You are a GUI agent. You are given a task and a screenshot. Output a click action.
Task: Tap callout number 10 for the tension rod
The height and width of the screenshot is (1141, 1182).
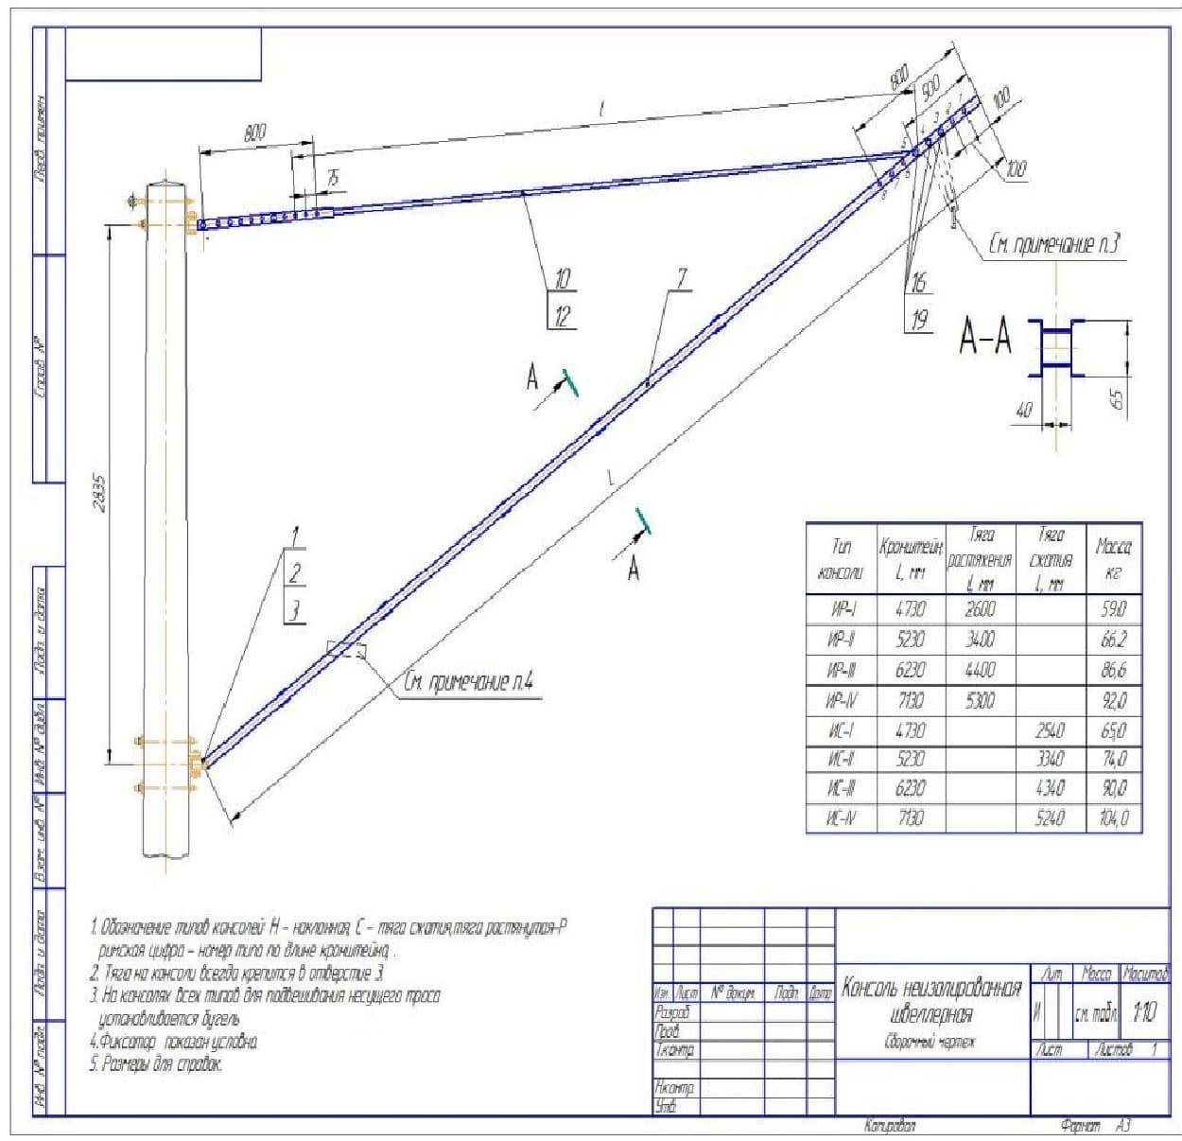pyautogui.click(x=562, y=280)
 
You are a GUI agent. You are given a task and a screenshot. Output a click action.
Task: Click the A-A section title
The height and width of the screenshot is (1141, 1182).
pyautogui.click(x=985, y=337)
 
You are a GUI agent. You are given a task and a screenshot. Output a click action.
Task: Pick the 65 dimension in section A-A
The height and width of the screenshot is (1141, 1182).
pyautogui.click(x=1117, y=400)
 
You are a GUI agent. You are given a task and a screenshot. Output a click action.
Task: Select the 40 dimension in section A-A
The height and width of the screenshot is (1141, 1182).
pyautogui.click(x=1024, y=411)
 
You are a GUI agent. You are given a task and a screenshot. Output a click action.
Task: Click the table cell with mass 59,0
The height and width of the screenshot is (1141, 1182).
pyautogui.click(x=1113, y=609)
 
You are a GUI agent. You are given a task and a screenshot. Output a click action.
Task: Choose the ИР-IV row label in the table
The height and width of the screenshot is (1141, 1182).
pyautogui.click(x=841, y=701)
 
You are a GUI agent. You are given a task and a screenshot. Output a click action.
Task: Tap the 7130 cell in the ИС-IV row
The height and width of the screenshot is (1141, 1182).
pyautogui.click(x=910, y=818)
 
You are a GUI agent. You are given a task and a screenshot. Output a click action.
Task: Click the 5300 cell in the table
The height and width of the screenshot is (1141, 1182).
pyautogui.click(x=979, y=701)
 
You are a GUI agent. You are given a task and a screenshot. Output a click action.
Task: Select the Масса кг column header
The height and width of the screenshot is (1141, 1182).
pyautogui.click(x=1113, y=559)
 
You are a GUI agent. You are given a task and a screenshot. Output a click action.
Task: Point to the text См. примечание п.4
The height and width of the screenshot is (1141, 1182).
pyautogui.click(x=470, y=683)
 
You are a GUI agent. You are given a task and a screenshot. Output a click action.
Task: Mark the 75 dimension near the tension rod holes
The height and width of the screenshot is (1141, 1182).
pyautogui.click(x=332, y=179)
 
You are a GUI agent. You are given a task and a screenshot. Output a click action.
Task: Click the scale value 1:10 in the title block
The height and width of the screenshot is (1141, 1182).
pyautogui.click(x=1142, y=1013)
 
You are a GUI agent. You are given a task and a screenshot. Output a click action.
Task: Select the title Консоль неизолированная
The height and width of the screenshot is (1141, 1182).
pyautogui.click(x=931, y=989)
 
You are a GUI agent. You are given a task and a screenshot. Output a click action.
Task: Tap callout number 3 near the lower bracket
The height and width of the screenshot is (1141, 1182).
pyautogui.click(x=295, y=610)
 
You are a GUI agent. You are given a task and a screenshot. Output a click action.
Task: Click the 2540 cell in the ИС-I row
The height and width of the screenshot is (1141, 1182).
pyautogui.click(x=1050, y=730)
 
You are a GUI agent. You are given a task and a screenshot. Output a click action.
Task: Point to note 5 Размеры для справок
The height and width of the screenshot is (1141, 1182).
pyautogui.click(x=156, y=1065)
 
